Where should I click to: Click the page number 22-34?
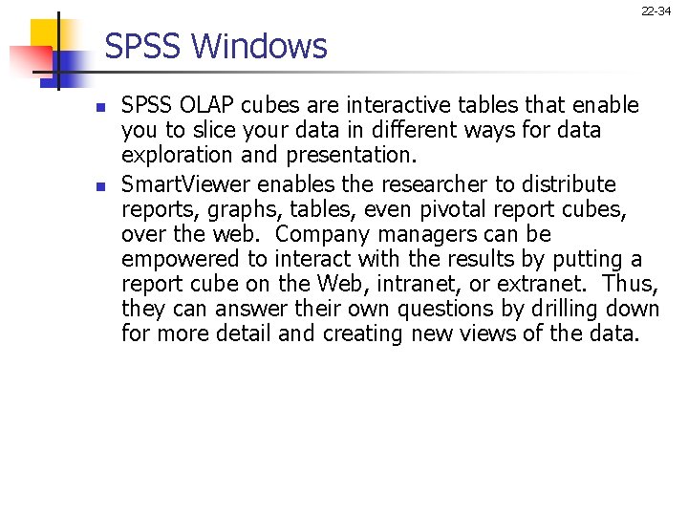coord(656,11)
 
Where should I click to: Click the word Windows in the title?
coord(270,46)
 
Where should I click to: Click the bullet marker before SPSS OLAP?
coord(99,104)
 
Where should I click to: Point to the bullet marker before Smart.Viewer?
coord(99,184)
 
